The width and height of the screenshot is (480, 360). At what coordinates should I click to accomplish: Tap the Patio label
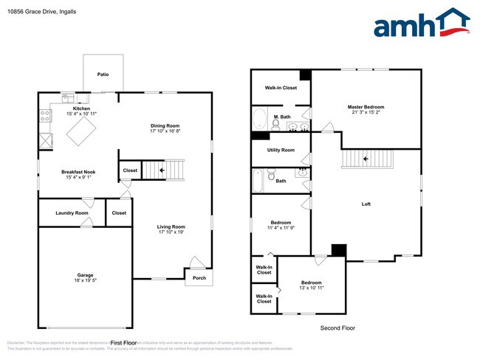[103, 75]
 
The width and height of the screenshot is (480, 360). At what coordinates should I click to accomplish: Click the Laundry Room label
[72, 213]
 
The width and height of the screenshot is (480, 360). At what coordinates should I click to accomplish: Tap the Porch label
[199, 278]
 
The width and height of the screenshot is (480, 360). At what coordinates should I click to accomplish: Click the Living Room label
[171, 226]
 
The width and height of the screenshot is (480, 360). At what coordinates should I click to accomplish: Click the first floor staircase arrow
[149, 170]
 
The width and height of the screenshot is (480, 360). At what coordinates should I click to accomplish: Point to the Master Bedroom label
[366, 107]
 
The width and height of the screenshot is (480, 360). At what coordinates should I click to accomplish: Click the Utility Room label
[281, 150]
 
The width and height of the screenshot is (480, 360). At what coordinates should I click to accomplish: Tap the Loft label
[366, 204]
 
